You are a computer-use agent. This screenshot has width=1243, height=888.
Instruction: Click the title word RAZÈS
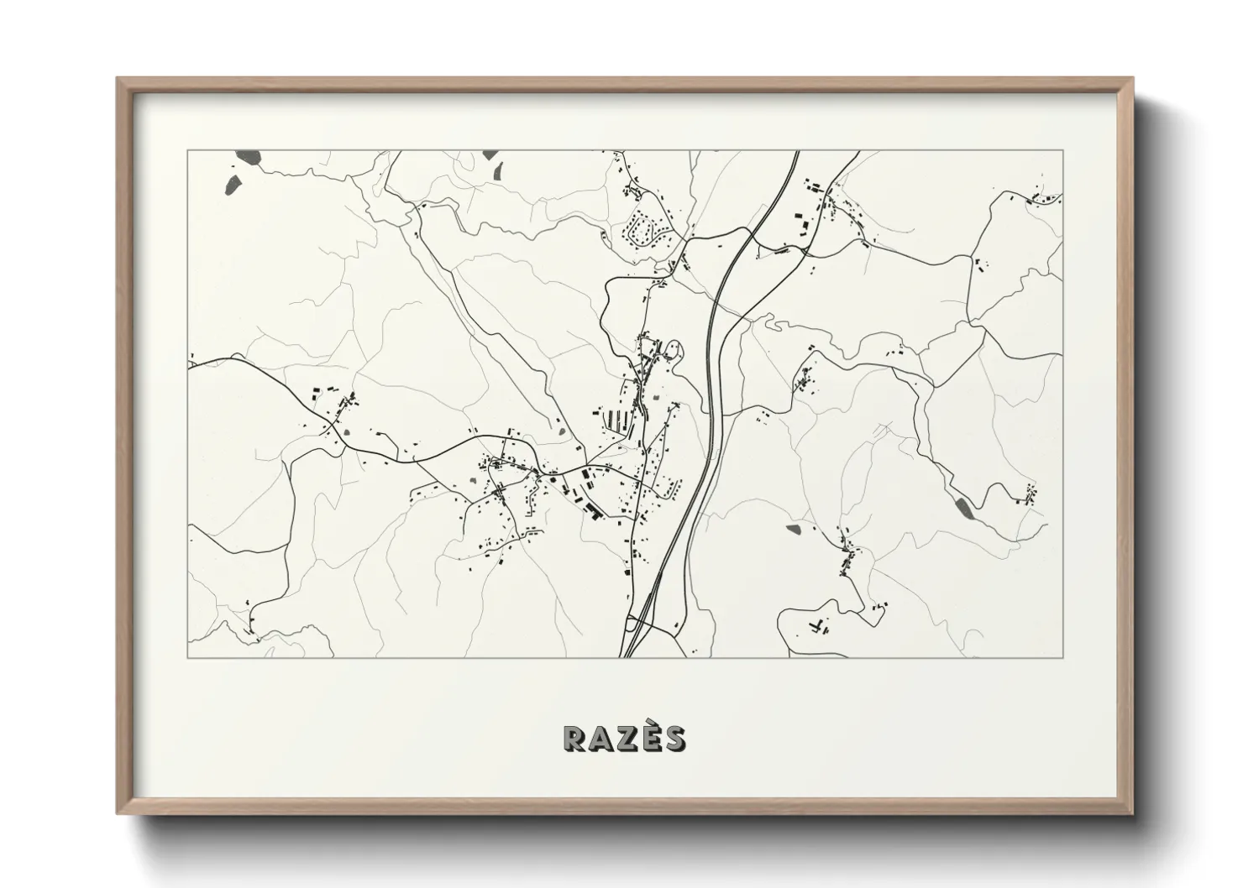coord(624,737)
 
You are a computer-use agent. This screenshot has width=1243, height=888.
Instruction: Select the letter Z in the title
coord(627,738)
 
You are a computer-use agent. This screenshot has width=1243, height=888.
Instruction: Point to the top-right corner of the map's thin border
coord(1062,151)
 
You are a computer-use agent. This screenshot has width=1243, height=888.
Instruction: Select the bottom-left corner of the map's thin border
coord(188,657)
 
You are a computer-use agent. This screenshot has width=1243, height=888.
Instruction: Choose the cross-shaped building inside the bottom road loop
coord(816,625)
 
